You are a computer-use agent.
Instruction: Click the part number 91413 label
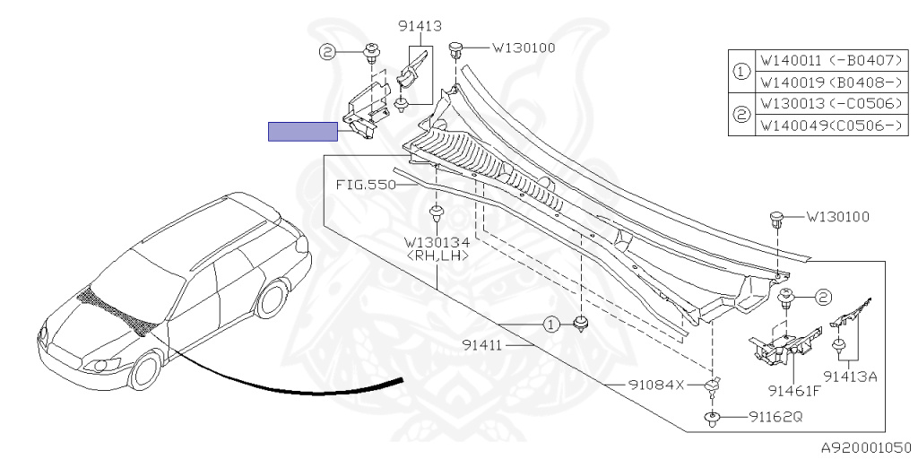(x=420, y=26)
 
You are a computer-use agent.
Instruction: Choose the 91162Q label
(x=777, y=417)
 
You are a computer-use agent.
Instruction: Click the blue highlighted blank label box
(x=302, y=132)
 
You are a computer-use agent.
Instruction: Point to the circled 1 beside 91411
(x=554, y=325)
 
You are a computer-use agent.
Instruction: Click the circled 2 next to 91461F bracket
(x=822, y=297)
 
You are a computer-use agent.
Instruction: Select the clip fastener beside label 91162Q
(x=713, y=417)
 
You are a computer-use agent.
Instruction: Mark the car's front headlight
(x=105, y=363)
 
